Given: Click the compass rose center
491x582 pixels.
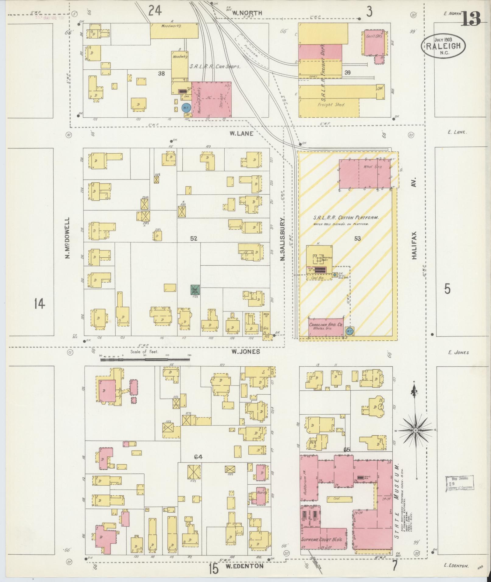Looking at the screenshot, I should pyautogui.click(x=416, y=430).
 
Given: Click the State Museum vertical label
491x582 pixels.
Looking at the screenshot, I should pyautogui.click(x=397, y=505).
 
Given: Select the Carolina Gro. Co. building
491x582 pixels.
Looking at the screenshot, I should pyautogui.click(x=326, y=327).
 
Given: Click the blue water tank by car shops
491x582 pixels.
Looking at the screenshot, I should pyautogui.click(x=186, y=108).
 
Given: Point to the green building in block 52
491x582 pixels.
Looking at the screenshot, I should pyautogui.click(x=195, y=289).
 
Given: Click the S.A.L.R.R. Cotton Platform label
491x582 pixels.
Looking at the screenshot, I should pyautogui.click(x=346, y=218).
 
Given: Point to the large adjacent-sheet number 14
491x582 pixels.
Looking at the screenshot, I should pyautogui.click(x=40, y=303).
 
